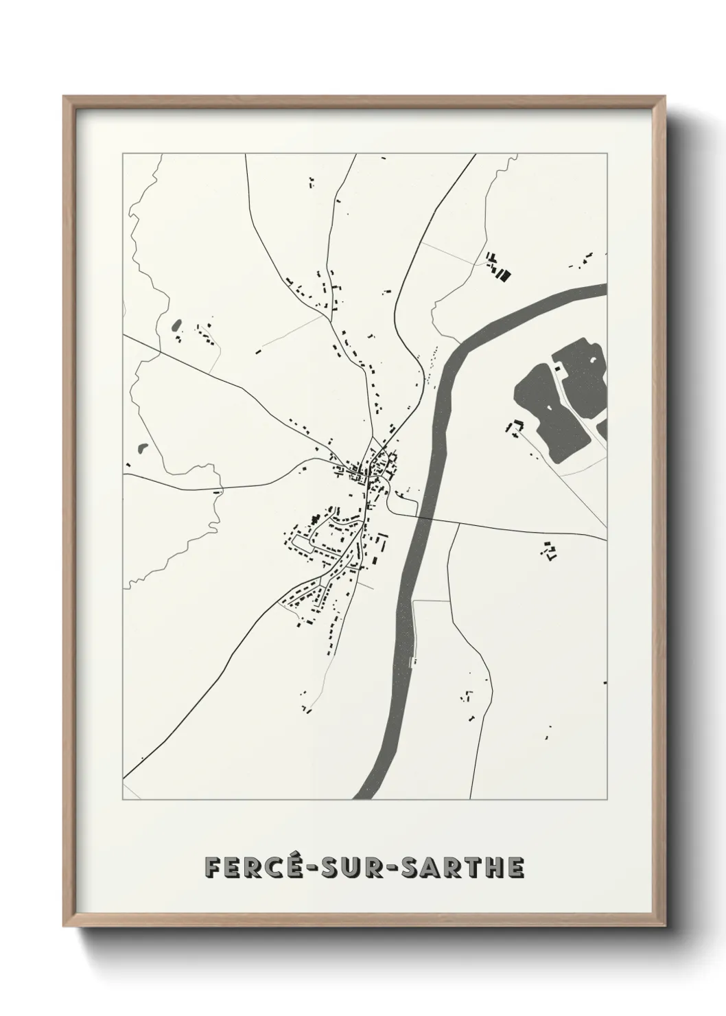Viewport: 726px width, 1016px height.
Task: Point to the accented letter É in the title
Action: [x=290, y=867]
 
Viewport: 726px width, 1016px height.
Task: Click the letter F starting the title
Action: [x=213, y=868]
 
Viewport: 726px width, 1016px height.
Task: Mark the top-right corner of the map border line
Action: [x=607, y=154]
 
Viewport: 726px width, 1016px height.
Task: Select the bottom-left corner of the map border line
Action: [x=123, y=799]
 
